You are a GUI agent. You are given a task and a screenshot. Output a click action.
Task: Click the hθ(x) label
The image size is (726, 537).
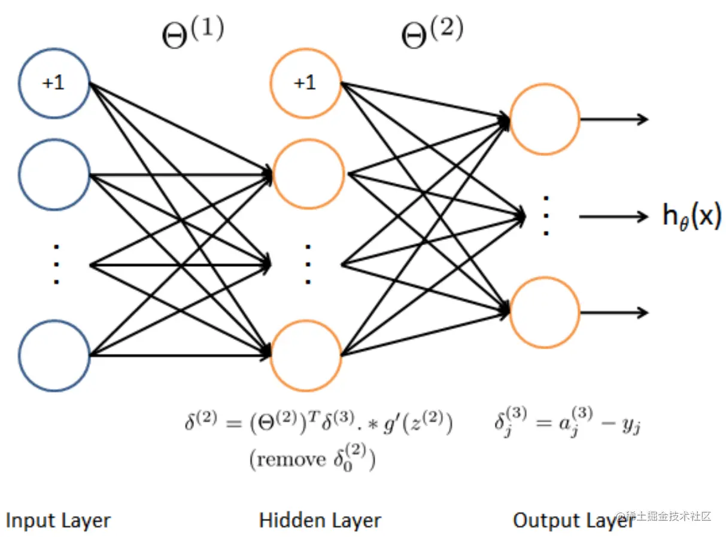click(692, 216)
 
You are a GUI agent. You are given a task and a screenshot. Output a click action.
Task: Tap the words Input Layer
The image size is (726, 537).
click(58, 520)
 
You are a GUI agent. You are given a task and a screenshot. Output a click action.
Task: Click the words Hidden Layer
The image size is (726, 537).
click(320, 520)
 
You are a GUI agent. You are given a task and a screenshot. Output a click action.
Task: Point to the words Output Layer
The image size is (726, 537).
click(573, 520)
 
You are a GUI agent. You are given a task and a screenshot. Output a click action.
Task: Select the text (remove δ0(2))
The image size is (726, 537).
click(312, 458)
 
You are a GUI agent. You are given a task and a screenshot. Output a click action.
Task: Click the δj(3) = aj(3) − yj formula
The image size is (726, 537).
click(567, 422)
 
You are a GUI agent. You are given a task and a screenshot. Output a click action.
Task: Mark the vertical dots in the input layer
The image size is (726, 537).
click(56, 264)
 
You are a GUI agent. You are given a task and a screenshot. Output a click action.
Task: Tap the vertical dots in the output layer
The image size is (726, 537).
click(546, 216)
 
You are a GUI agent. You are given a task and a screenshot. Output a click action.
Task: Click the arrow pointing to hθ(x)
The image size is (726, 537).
click(613, 216)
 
